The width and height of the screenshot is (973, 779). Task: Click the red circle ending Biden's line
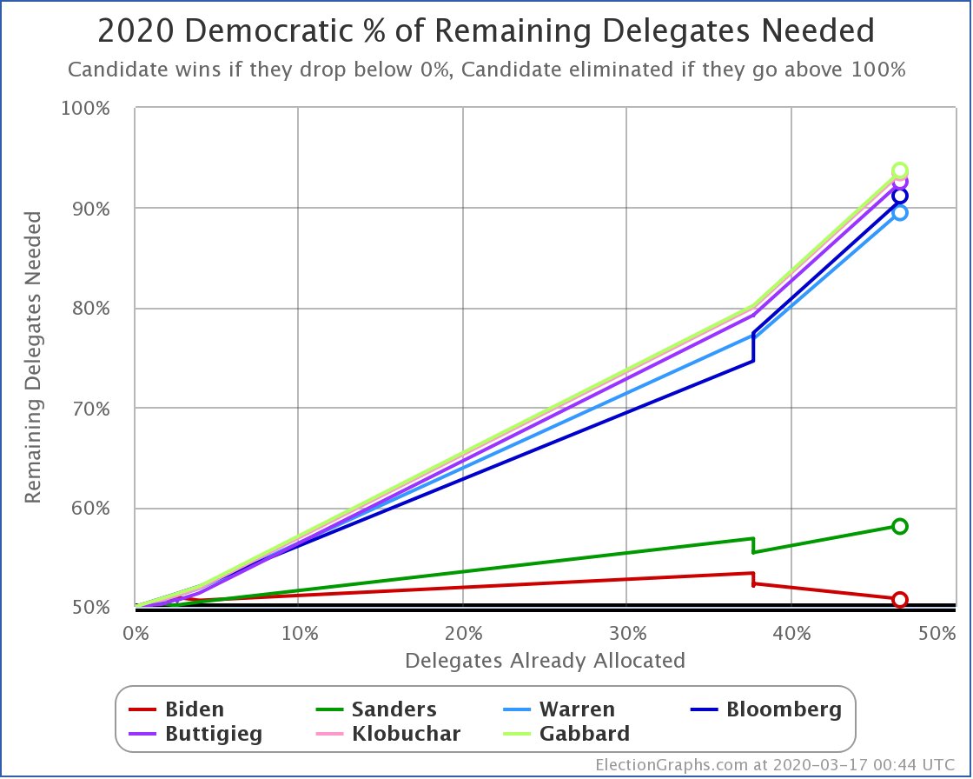coord(900,600)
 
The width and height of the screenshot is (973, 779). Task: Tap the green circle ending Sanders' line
coord(900,526)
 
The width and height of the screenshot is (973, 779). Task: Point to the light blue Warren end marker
coord(900,212)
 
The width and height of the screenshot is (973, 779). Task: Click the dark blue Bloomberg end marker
coord(900,196)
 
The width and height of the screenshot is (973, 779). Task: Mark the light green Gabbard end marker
coord(900,170)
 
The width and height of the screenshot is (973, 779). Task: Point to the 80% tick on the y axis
coord(109,309)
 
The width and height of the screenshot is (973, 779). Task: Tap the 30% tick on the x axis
coord(625,634)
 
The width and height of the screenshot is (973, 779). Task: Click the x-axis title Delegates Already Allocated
coord(545,660)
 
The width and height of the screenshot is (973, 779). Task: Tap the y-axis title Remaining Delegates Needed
coord(32,358)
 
